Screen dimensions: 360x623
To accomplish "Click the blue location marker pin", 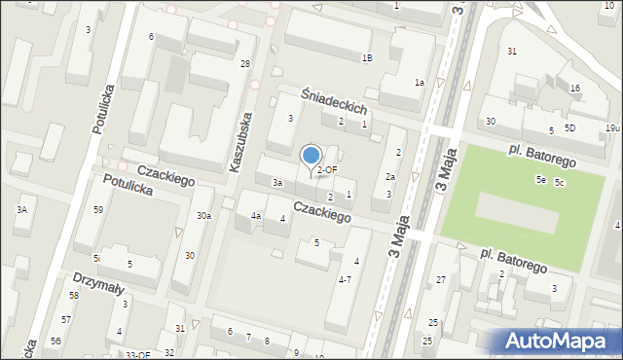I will pos(311,156).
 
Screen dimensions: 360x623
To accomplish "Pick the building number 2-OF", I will pos(327,169).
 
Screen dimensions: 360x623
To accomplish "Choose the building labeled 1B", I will pos(366,58).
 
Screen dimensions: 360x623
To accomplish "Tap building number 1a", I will pos(419,83).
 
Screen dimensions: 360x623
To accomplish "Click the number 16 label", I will pos(575,89).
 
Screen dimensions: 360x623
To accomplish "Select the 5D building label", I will pos(570,128).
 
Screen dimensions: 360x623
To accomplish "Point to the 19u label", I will pos(611,128).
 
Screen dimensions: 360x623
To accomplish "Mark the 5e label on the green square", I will pos(540,180).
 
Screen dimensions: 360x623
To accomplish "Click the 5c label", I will pos(560,183).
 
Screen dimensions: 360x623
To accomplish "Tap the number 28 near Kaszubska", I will pos(245,63).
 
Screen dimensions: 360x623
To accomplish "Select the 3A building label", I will pos(20,209).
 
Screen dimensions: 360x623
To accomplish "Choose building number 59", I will pos(98,210).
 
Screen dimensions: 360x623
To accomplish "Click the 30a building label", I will pos(203,216).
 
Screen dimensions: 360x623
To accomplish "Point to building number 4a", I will pos(256,216).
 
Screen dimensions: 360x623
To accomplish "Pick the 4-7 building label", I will pos(345,279).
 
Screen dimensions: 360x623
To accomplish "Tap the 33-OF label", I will pos(138,355).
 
